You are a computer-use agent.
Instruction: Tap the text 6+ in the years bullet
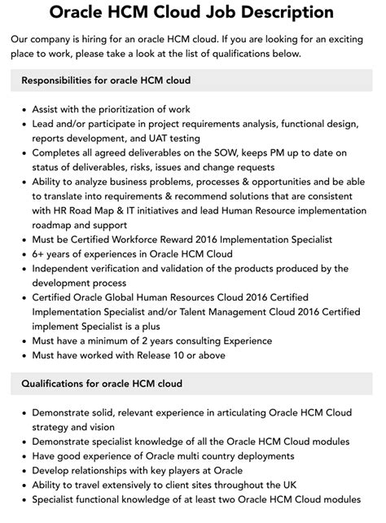click(38, 254)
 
